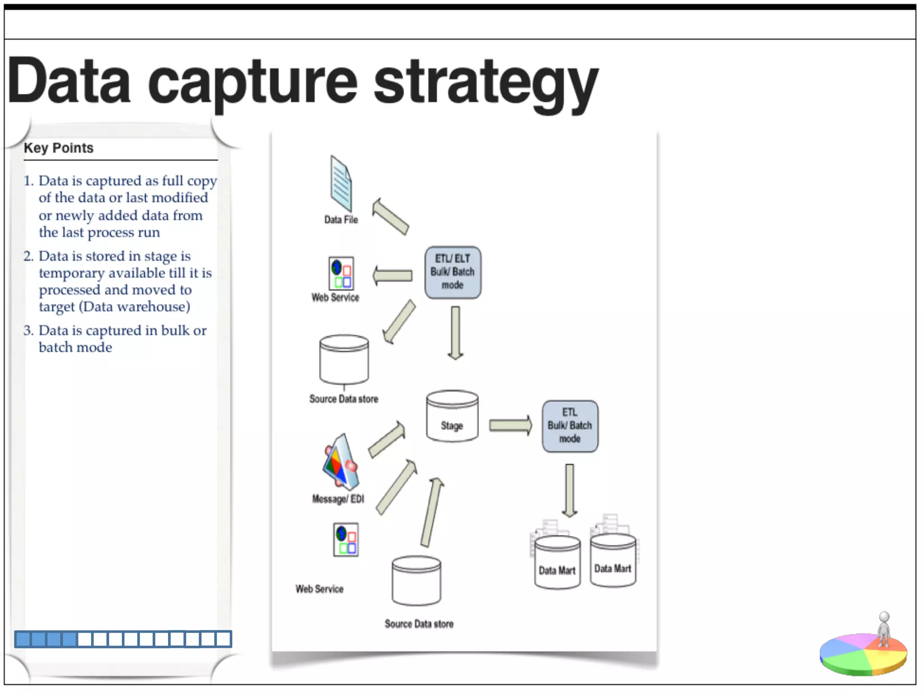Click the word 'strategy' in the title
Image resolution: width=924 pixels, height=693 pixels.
[485, 83]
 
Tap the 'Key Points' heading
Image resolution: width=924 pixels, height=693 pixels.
[59, 148]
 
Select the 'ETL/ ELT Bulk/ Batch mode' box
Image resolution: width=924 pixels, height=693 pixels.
[453, 272]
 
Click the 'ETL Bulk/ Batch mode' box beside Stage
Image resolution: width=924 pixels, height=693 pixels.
[570, 426]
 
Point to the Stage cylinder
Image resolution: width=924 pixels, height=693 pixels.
[452, 416]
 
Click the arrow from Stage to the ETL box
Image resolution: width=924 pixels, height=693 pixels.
[510, 425]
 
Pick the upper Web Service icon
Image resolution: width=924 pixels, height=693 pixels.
[341, 273]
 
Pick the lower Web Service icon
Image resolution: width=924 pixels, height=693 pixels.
[346, 540]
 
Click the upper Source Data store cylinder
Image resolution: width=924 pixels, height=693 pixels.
[344, 360]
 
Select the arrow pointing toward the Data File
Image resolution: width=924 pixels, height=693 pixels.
[390, 217]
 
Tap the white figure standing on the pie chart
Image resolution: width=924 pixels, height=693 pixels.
[884, 629]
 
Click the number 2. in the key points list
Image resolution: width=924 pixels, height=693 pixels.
[28, 256]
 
